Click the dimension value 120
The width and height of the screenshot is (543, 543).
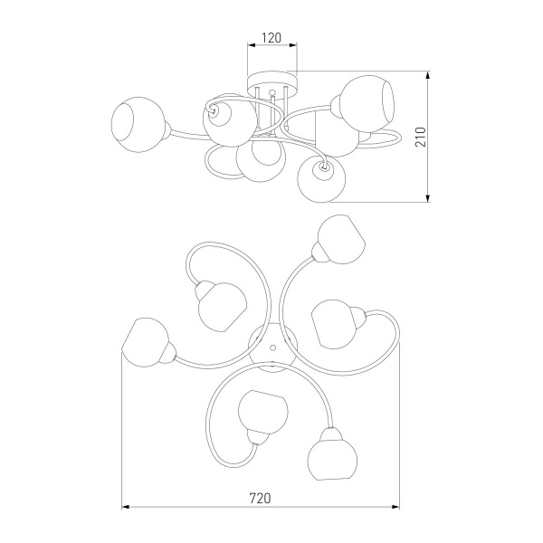(271, 38)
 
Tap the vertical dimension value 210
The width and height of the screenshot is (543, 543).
(421, 137)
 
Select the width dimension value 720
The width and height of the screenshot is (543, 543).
(260, 499)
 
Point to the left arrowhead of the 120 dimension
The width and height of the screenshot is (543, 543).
(251, 45)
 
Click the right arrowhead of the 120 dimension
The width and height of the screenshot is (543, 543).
(293, 45)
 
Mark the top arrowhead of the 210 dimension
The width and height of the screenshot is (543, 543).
(428, 75)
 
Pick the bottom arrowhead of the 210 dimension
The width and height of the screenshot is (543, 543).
(428, 198)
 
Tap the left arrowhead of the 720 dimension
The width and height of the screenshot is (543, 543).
(126, 507)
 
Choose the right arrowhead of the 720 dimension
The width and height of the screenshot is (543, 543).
(395, 507)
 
